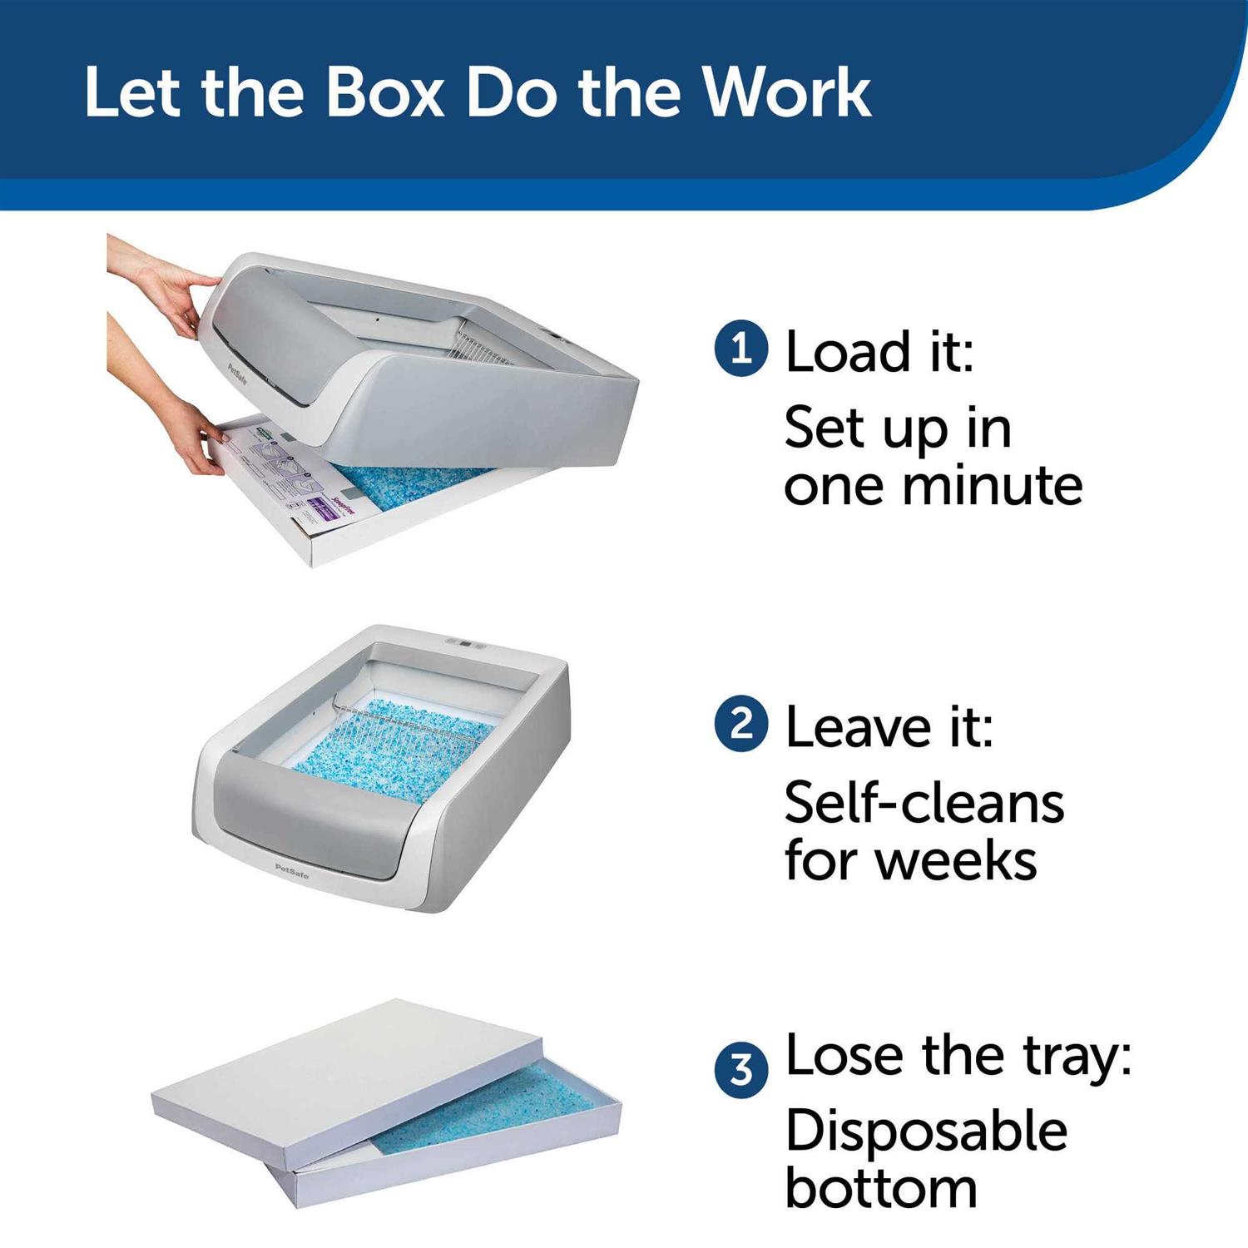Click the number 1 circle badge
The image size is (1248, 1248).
740,350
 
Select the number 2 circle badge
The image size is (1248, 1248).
740,726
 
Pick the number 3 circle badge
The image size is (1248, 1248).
740,1070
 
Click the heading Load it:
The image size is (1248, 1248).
879,352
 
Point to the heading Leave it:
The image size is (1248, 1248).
889,727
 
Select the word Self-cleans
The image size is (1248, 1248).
924,804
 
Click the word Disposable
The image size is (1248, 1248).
925,1132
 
